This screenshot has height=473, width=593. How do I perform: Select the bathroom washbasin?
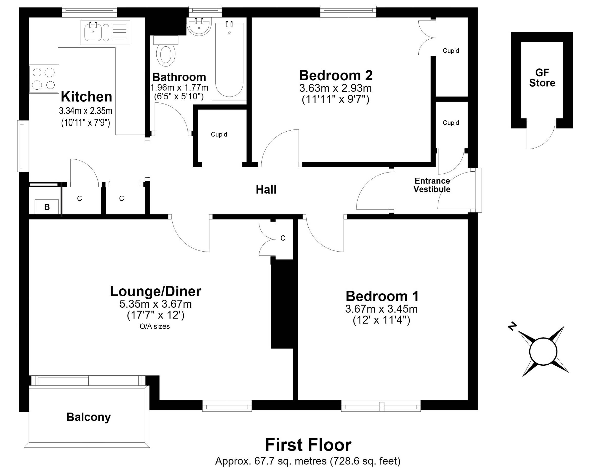tap(199, 27)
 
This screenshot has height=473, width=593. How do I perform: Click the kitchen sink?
tap(105, 32)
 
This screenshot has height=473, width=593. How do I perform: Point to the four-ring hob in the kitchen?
tap(44, 79)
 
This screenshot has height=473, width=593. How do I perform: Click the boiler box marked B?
tap(47, 207)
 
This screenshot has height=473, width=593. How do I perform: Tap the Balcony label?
tap(89, 417)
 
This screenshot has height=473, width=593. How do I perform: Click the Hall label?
tap(266, 190)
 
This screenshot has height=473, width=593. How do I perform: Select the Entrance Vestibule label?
tap(432, 185)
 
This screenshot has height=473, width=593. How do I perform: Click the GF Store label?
tap(542, 78)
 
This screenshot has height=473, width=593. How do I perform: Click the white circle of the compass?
tap(543, 352)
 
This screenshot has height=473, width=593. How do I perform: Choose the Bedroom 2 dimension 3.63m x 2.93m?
tap(336, 88)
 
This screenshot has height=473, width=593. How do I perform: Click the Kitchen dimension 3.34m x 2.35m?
tap(86, 111)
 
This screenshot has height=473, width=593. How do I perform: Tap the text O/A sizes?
tap(155, 326)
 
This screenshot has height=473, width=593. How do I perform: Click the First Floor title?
tap(308, 445)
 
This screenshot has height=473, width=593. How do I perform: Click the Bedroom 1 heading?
tap(382, 296)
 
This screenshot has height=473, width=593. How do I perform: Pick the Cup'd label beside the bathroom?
tap(219, 134)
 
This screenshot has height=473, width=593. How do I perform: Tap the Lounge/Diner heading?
tap(156, 291)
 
